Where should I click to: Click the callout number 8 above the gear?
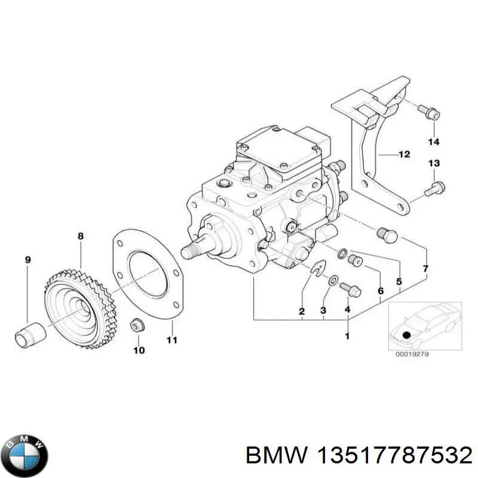pyautogui.click(x=81, y=237)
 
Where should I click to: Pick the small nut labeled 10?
pyautogui.click(x=136, y=326)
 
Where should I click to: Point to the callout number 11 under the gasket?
pyautogui.click(x=171, y=341)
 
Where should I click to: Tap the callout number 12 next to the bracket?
pyautogui.click(x=404, y=154)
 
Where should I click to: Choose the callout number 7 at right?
pyautogui.click(x=425, y=269)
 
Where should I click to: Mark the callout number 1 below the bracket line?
pyautogui.click(x=347, y=336)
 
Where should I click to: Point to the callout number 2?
pyautogui.click(x=302, y=311)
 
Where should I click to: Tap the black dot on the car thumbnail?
pyautogui.click(x=407, y=335)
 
